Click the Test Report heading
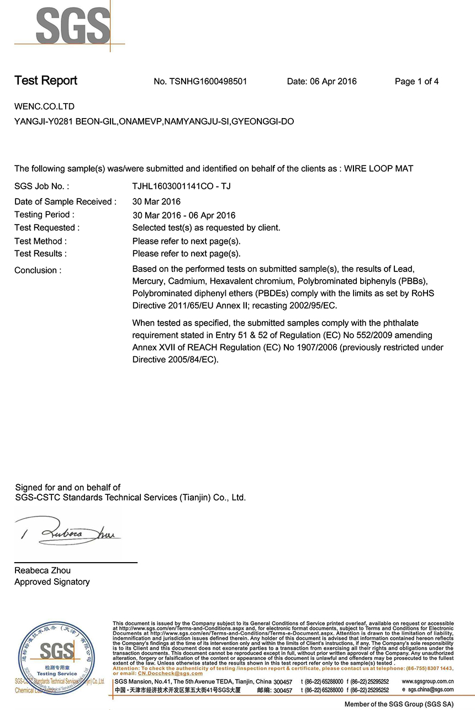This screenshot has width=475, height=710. [46, 81]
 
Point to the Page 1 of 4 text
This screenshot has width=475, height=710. [416, 82]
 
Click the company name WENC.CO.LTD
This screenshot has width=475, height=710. [44, 106]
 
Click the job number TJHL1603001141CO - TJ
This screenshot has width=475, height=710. [182, 186]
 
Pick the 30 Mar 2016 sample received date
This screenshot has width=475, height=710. [156, 202]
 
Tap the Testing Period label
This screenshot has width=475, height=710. [44, 215]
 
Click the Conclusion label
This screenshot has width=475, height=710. [38, 270]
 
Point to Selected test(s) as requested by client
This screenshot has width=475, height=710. [206, 228]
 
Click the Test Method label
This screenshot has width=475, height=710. [40, 241]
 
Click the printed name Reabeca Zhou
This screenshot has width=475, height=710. [43, 570]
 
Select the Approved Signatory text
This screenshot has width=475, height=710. [52, 582]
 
